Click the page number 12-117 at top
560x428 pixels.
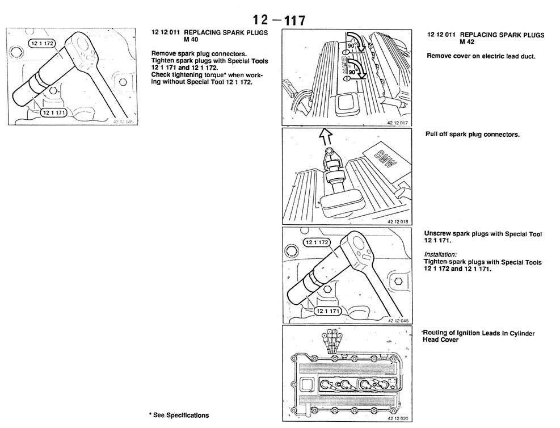(279, 20)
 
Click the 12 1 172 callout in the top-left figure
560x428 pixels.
(42, 44)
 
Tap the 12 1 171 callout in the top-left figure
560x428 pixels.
(54, 112)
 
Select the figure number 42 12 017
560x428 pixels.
(397, 123)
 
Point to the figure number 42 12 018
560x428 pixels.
(398, 221)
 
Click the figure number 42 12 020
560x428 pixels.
(398, 418)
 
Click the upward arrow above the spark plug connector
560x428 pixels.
(325, 137)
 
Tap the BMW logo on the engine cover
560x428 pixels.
(385, 159)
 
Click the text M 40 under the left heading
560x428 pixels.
(191, 40)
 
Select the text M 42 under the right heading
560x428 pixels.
(467, 42)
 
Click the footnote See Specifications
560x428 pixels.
(179, 415)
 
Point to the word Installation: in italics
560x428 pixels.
(440, 254)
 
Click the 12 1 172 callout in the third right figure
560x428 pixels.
(317, 242)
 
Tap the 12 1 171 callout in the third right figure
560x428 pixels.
(327, 311)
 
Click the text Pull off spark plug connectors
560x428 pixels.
(473, 135)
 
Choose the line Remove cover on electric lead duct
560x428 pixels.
(481, 56)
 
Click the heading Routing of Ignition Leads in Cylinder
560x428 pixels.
(479, 333)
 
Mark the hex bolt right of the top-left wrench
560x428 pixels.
(123, 82)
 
